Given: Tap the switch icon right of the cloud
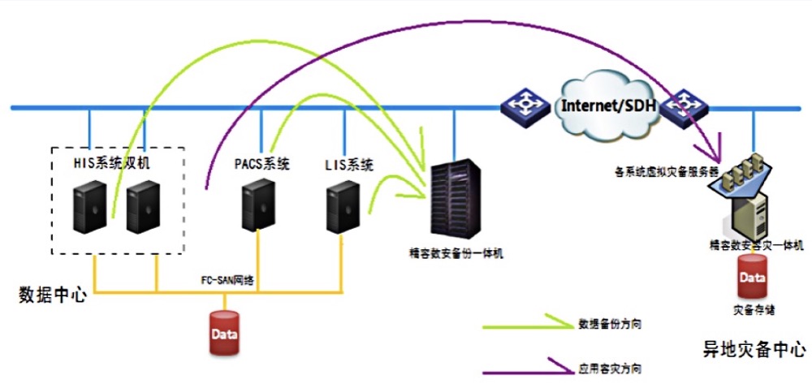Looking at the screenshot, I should click(x=684, y=105).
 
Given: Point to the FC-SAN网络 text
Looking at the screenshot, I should click(x=227, y=279).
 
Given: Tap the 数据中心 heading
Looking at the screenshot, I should click(x=52, y=294).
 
